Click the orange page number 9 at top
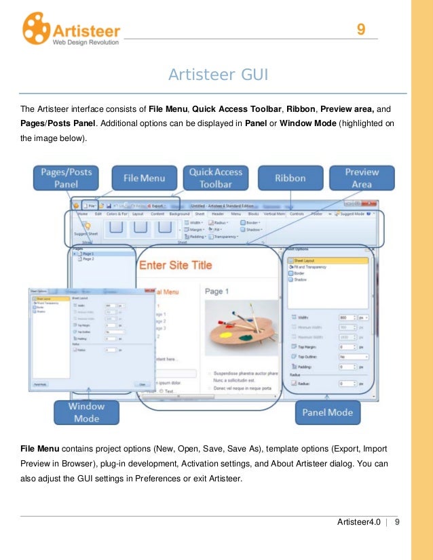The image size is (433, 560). pos(361,29)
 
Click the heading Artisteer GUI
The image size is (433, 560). pos(218,74)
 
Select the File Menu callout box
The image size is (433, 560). pos(143,178)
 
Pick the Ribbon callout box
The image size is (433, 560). pos(290,178)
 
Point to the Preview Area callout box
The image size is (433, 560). pos(362,178)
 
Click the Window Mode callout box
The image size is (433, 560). pos(87,412)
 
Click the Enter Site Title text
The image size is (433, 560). pos(175,265)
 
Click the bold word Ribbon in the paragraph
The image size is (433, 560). pos(301,108)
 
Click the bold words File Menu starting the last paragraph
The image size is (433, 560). pos(39,448)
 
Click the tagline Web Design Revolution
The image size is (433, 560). pos(86,42)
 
